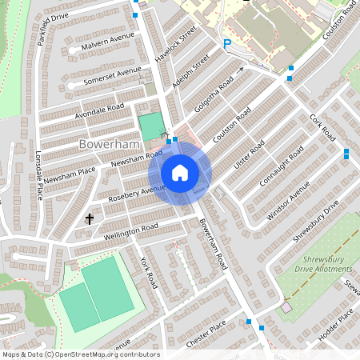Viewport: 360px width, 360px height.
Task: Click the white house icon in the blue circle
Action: [x=180, y=173]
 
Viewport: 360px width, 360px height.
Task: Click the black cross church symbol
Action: [x=89, y=218]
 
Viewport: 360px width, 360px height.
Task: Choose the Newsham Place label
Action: [x=70, y=170]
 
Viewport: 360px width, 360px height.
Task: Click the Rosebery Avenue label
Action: [x=142, y=193]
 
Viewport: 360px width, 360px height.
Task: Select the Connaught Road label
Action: [x=285, y=166]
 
